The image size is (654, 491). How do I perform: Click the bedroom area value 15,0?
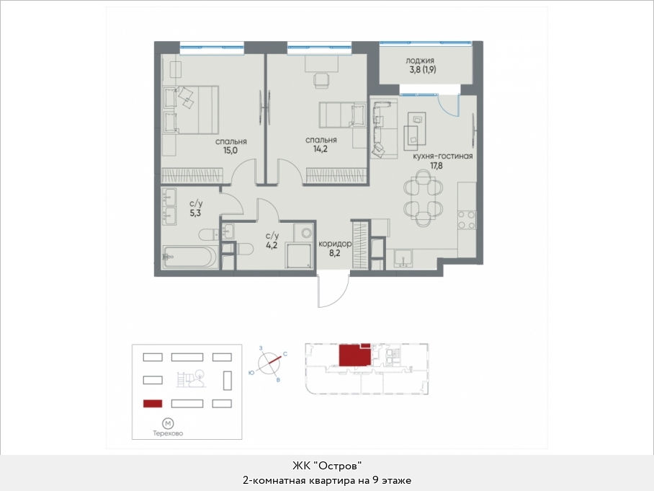(230, 150)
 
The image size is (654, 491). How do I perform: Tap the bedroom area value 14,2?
(321, 149)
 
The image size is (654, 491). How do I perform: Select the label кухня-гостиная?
(442, 156)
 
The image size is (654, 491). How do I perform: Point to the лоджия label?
(420, 61)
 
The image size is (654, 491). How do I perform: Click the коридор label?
(334, 244)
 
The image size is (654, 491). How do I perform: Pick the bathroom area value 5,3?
(195, 213)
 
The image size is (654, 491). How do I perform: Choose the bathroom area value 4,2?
(272, 245)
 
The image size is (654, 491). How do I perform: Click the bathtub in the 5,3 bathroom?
(189, 257)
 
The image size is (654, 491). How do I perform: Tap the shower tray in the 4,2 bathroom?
(298, 255)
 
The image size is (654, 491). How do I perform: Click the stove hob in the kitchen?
(467, 220)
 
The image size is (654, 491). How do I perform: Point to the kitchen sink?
(403, 258)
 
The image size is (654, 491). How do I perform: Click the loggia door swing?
(449, 105)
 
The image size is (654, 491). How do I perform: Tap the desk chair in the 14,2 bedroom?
(321, 81)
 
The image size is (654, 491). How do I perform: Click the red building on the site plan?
(153, 404)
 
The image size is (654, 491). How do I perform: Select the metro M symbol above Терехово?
(168, 424)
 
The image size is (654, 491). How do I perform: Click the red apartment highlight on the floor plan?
(354, 355)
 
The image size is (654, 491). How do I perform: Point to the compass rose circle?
(268, 363)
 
